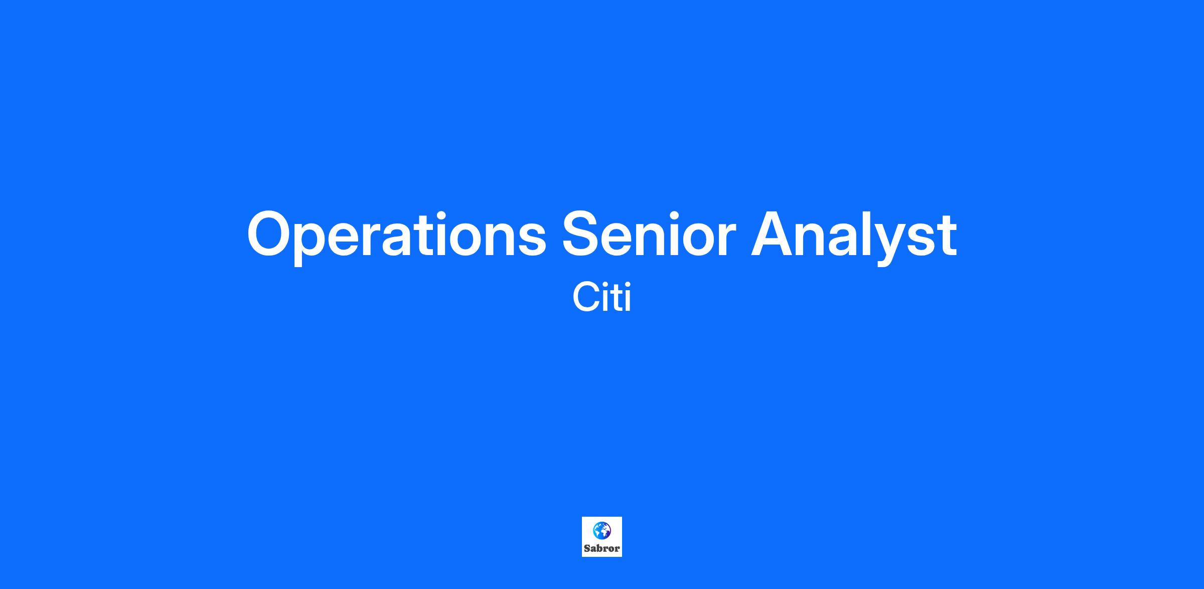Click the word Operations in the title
pos(396,237)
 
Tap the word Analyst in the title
pos(854,237)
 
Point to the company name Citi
pos(601,298)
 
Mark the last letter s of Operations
pos(530,240)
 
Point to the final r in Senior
pos(725,240)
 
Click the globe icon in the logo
pos(602,531)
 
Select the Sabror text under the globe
pos(602,548)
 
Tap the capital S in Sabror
pos(587,548)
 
